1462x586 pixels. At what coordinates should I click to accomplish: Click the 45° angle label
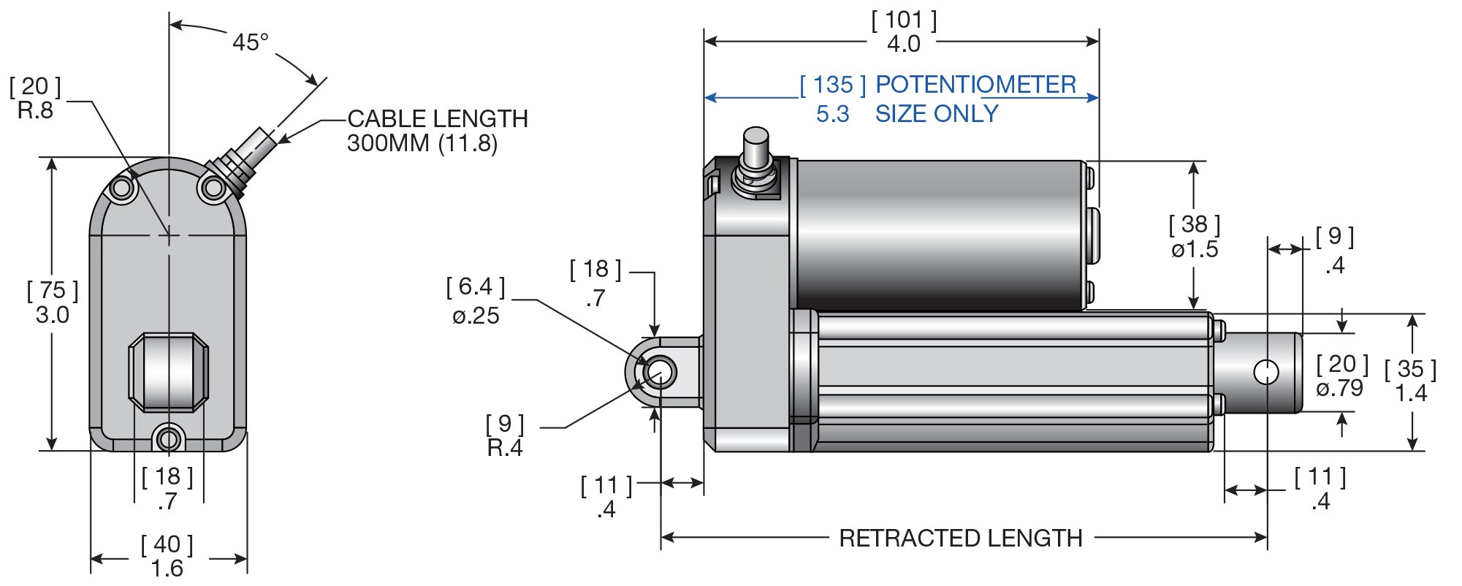coord(250,42)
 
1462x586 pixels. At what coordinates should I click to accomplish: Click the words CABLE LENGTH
coord(437,118)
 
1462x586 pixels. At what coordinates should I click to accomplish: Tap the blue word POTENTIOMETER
coord(975,85)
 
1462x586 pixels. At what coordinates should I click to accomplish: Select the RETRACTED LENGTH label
coord(960,539)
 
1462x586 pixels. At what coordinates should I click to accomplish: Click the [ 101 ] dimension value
coord(904,20)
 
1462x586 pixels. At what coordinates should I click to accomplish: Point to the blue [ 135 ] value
coord(832,85)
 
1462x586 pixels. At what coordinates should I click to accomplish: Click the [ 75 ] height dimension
coord(53,291)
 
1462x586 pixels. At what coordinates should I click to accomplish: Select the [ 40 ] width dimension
coord(167,544)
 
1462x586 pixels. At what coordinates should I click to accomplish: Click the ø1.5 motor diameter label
coord(1195,250)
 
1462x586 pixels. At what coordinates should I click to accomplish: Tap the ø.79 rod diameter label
coord(1339,389)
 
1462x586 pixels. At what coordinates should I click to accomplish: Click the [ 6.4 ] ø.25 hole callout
coord(476,301)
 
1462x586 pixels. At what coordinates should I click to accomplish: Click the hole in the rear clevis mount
coord(660,372)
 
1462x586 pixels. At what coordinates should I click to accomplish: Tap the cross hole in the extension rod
coord(1265,372)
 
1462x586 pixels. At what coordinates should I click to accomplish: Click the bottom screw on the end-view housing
coord(169,439)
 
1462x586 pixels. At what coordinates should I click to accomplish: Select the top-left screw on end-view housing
coord(122,189)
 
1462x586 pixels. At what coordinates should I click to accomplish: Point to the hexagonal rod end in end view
coord(169,373)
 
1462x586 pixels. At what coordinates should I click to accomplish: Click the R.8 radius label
coord(35,111)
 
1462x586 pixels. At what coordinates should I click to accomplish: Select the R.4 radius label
coord(505,448)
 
